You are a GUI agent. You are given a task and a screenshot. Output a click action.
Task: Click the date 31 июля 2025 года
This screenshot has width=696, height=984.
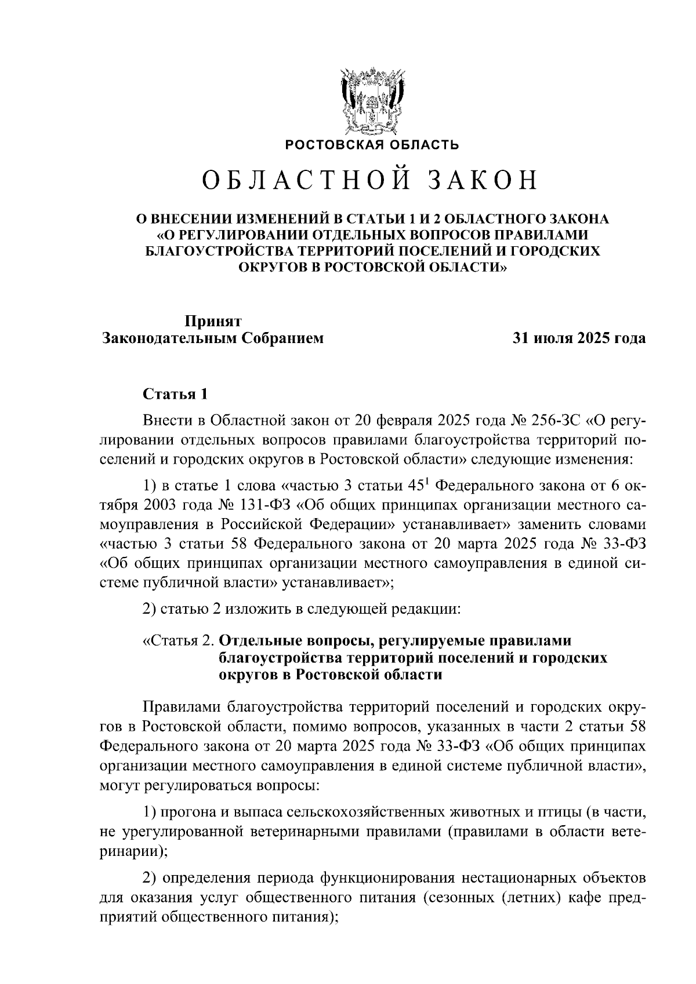click(578, 338)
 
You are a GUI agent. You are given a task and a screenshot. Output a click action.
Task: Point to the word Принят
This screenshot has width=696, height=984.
click(213, 320)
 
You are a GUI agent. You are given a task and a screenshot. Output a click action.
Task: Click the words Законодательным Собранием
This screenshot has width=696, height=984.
click(212, 338)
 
